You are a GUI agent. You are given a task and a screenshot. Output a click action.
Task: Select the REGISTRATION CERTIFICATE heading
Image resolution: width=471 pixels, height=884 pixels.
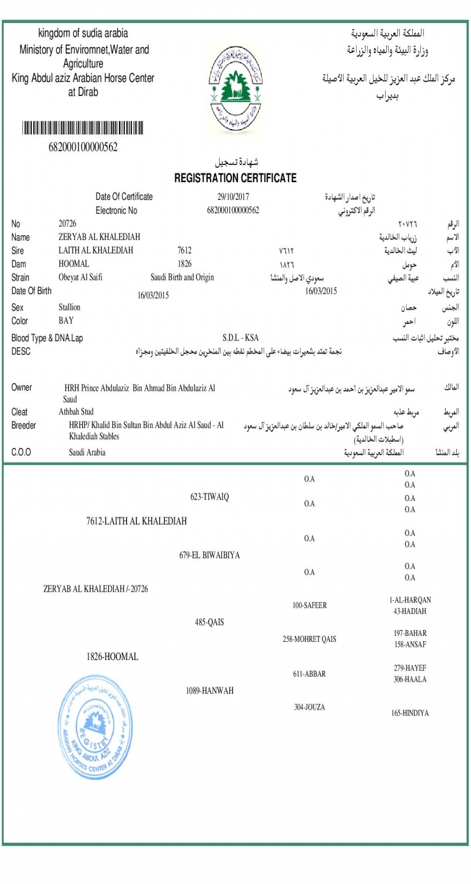(x=235, y=178)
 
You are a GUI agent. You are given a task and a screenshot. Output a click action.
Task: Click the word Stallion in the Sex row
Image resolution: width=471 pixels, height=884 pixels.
(x=69, y=307)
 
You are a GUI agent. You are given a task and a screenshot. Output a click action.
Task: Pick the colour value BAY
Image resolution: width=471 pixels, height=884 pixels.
(x=66, y=320)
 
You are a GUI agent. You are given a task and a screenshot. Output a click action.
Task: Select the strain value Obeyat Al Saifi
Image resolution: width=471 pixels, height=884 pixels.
(x=81, y=276)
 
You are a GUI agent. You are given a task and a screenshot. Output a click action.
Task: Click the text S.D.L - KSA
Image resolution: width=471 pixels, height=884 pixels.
(x=241, y=338)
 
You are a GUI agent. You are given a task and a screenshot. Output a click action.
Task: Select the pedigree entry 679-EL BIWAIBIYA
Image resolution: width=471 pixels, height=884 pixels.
(x=210, y=555)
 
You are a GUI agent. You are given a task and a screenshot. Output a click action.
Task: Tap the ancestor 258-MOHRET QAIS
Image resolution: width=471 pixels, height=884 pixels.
(x=310, y=639)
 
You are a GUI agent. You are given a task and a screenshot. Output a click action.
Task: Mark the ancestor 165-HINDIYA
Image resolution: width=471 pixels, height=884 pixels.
(x=410, y=713)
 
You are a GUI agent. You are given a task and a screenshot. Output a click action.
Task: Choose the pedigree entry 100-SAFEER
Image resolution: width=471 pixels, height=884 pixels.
(x=310, y=605)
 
